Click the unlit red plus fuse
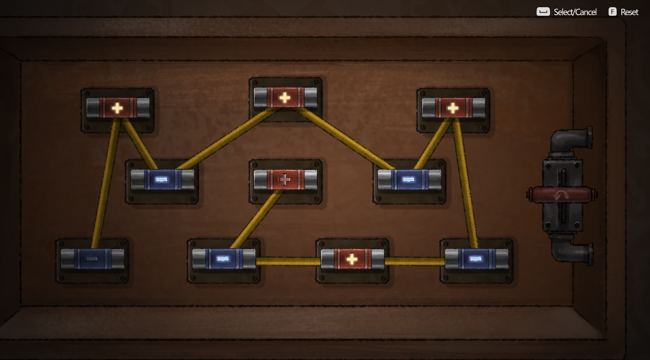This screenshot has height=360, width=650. (x=285, y=180)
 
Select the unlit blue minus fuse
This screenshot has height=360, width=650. (x=92, y=259)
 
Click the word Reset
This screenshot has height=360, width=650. (x=629, y=12)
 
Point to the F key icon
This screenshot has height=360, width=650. (x=612, y=12)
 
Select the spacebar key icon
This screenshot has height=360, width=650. (x=543, y=12)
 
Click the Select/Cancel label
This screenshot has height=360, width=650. (x=575, y=12)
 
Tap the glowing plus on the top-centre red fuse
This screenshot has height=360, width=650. (x=284, y=97)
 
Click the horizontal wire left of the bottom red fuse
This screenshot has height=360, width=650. (x=288, y=261)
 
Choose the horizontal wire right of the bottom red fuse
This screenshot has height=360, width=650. (x=414, y=261)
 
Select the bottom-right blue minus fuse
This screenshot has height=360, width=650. (x=477, y=259)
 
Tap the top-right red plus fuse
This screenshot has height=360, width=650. (x=453, y=108)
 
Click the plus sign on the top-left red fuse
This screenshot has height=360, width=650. (x=117, y=108)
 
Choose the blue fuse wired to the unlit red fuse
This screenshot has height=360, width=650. (x=224, y=259)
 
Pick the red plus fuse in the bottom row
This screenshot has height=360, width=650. (x=352, y=259)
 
